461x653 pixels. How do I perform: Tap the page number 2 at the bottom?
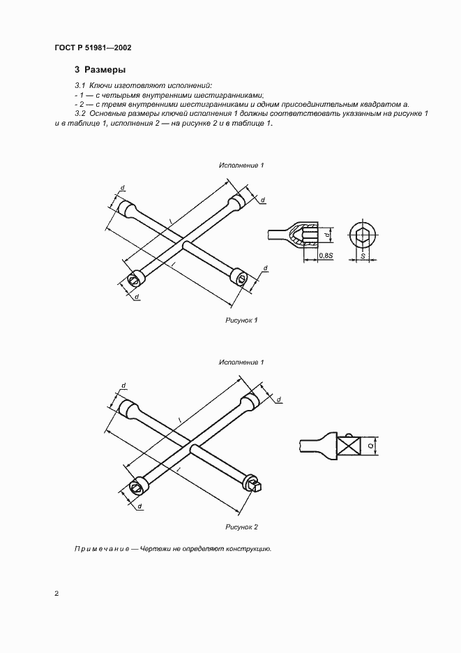(56, 594)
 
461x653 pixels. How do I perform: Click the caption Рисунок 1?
(241, 320)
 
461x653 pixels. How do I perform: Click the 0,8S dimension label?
(325, 256)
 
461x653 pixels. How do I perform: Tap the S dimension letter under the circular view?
(363, 256)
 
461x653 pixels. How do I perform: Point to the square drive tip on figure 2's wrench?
(257, 484)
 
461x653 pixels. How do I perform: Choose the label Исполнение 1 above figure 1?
(241, 166)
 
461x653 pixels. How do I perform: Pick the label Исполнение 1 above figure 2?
(241, 362)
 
